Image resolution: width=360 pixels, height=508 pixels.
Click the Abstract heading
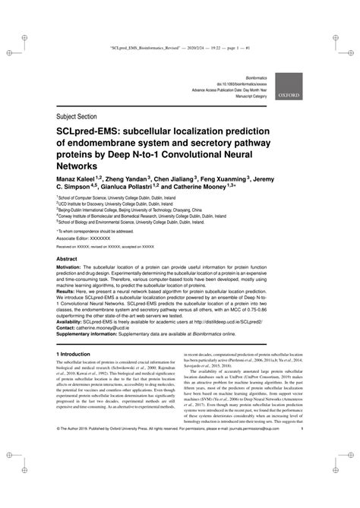pyautogui.click(x=68, y=258)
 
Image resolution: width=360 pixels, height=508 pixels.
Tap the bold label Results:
pyautogui.click(x=68, y=291)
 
